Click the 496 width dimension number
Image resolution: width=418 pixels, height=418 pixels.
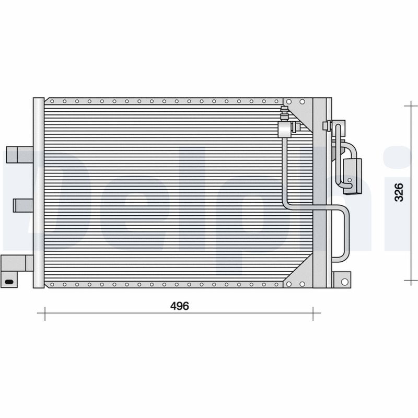click(x=180, y=306)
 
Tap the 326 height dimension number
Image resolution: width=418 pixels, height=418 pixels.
click(x=399, y=192)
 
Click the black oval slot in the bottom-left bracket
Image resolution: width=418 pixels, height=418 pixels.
click(x=9, y=282)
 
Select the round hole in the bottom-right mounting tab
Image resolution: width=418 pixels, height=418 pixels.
click(x=344, y=282)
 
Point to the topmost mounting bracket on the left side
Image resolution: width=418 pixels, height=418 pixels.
click(x=19, y=154)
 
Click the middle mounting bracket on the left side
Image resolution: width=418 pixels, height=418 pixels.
click(x=23, y=205)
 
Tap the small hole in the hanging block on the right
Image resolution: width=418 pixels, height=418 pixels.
click(x=350, y=180)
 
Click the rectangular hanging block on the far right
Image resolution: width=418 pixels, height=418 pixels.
click(x=353, y=176)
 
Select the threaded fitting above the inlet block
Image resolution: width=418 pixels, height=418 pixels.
click(x=284, y=114)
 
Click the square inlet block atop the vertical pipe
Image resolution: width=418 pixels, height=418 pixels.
click(x=285, y=129)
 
